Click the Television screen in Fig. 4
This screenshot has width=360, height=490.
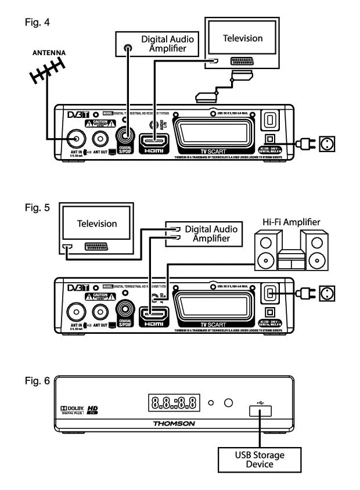[x=243, y=39]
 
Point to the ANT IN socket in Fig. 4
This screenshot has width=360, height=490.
[x=74, y=139]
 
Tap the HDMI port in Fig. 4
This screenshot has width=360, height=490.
[x=153, y=141]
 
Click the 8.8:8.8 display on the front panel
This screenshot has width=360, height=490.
[x=173, y=401]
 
